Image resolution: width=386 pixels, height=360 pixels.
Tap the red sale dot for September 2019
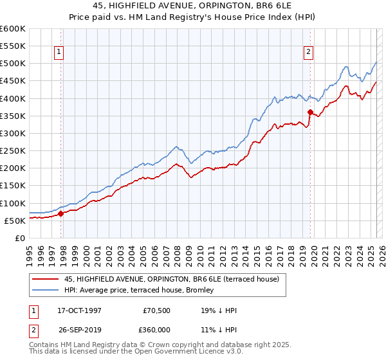click(x=310, y=113)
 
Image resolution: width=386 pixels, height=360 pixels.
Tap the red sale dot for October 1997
click(x=61, y=213)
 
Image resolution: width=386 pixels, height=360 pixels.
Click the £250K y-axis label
click(x=13, y=151)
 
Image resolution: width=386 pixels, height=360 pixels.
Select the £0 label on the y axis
click(x=21, y=238)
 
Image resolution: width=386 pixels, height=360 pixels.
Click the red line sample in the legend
click(x=46, y=280)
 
